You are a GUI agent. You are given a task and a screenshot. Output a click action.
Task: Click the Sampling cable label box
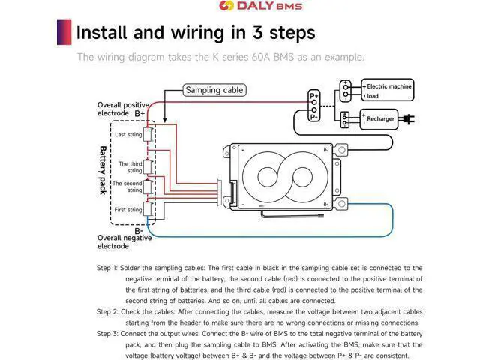point(214,90)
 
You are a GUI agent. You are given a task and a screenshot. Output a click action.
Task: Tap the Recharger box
point(379,119)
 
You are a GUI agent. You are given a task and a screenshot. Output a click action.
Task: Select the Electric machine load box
point(387,90)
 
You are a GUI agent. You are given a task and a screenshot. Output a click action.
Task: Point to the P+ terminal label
point(314,96)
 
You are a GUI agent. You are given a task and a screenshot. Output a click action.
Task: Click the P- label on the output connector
point(313,117)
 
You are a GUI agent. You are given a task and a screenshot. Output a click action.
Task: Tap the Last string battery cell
point(148,134)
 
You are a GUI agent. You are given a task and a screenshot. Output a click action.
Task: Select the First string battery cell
point(148,208)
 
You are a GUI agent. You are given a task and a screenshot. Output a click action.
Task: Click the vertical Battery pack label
point(103,170)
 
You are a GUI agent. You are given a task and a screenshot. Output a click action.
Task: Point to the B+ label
point(139,113)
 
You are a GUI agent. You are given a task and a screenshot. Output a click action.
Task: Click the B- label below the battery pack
point(139,231)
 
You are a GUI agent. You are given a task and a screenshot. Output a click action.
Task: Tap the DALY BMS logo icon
point(226,5)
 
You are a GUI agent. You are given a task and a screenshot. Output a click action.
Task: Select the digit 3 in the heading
point(258,32)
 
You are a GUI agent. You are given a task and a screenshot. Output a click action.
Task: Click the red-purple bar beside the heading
point(64,32)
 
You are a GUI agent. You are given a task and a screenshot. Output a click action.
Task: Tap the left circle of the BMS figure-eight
point(268,177)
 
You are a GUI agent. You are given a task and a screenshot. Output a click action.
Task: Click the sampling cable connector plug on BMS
point(220,193)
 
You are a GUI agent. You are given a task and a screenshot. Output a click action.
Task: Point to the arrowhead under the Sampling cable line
point(165,120)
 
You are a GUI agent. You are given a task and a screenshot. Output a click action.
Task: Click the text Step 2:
point(107,312)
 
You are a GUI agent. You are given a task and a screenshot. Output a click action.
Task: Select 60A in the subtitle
point(261,57)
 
